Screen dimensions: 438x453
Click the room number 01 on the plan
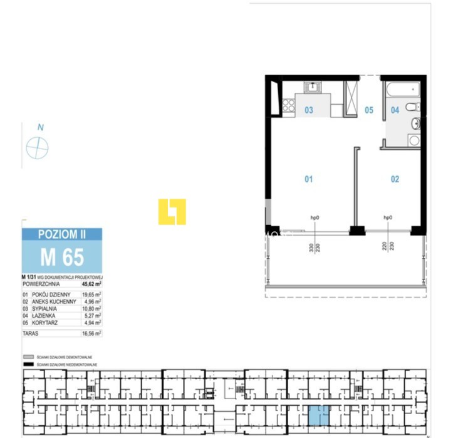click(x=308, y=179)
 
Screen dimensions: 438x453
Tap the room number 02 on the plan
click(x=395, y=179)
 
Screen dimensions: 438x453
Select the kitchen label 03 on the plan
click(x=309, y=110)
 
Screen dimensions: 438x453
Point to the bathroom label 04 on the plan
click(x=395, y=110)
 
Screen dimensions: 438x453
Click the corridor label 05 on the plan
click(x=369, y=110)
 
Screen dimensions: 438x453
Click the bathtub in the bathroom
click(x=402, y=89)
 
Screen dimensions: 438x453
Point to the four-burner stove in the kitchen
click(x=288, y=106)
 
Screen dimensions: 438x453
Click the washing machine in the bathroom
click(x=414, y=140)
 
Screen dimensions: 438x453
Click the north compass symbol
click(x=38, y=148)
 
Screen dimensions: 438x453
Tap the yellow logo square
click(x=172, y=212)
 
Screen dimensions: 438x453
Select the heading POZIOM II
click(x=61, y=234)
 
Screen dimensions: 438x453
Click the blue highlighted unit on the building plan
click(x=318, y=415)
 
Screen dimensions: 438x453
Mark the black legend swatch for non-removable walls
click(x=27, y=363)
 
